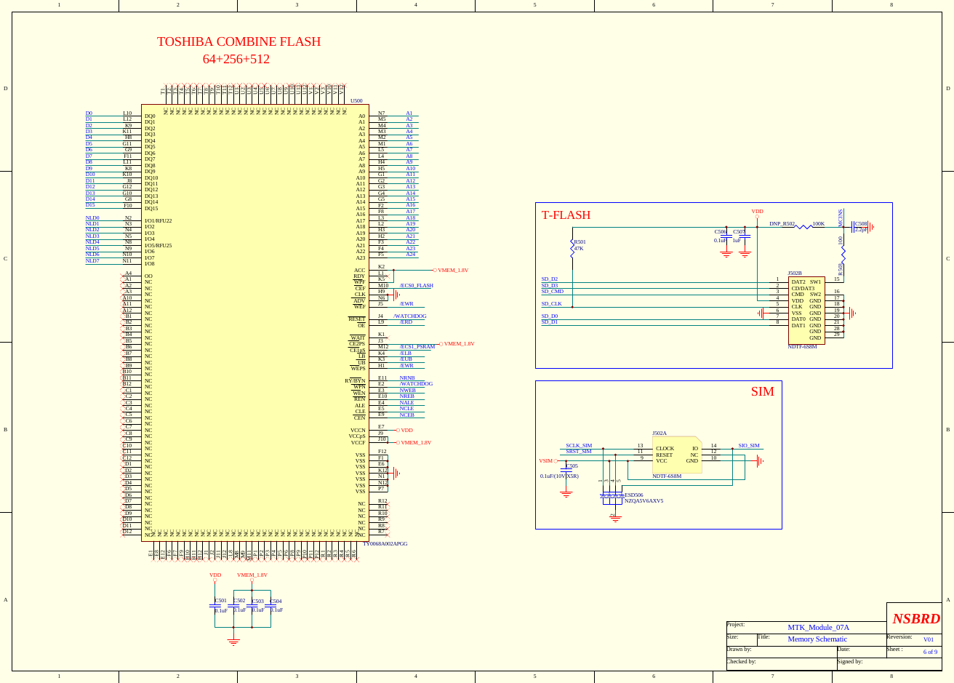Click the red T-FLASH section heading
tap(566, 215)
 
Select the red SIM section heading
tap(762, 391)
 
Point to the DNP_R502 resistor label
tap(782, 224)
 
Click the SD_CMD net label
tap(552, 292)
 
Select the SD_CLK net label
tap(551, 304)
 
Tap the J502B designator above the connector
tap(794, 273)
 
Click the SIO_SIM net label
tap(748, 446)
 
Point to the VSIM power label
tap(545, 461)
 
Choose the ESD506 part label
tap(633, 495)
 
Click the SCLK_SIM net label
tap(579, 446)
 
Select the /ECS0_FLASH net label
tap(416, 286)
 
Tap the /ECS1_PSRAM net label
tap(417, 347)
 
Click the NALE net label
tap(406, 403)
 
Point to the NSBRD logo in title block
tap(915, 619)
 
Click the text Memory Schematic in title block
tap(817, 639)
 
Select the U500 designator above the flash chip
tap(356, 101)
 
